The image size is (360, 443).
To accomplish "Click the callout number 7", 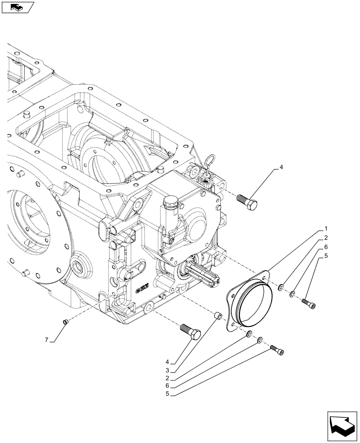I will point(46,340).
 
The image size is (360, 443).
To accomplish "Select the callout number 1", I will point(325,229).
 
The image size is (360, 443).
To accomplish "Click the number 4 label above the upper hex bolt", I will point(280,168).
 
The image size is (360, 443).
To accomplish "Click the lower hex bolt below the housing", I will point(190,331).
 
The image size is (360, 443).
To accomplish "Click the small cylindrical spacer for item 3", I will point(218,316).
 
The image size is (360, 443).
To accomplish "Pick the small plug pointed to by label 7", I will point(65,322).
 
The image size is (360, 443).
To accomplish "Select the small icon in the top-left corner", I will point(17,7).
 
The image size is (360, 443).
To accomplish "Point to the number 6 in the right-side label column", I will point(325,247).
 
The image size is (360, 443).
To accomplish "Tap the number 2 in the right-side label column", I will point(325,237).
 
